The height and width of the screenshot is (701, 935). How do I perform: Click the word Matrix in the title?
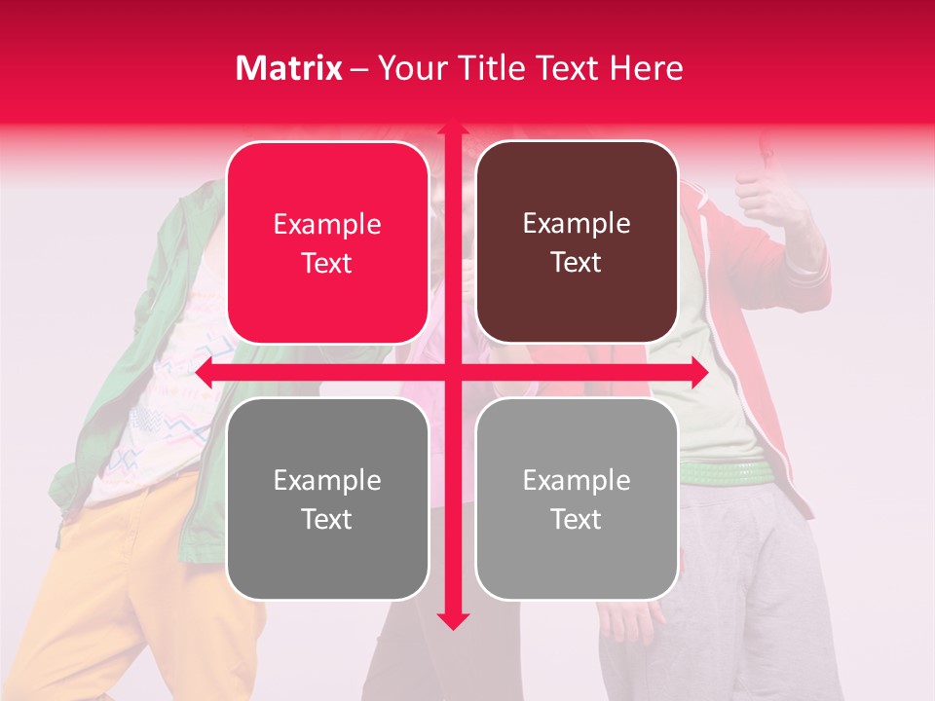289,68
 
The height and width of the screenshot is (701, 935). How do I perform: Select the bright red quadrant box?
327,242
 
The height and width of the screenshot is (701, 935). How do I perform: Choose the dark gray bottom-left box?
327,498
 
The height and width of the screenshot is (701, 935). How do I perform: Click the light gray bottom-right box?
577,498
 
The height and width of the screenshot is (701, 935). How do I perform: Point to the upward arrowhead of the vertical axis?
453,129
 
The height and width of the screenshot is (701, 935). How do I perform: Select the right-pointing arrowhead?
698,373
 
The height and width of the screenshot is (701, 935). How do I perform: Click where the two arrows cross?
453,373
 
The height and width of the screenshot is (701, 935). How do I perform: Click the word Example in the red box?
327,225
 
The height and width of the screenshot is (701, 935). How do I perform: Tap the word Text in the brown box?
577,263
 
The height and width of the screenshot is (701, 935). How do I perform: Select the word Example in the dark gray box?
327,481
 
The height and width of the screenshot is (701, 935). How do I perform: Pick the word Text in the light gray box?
577,520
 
